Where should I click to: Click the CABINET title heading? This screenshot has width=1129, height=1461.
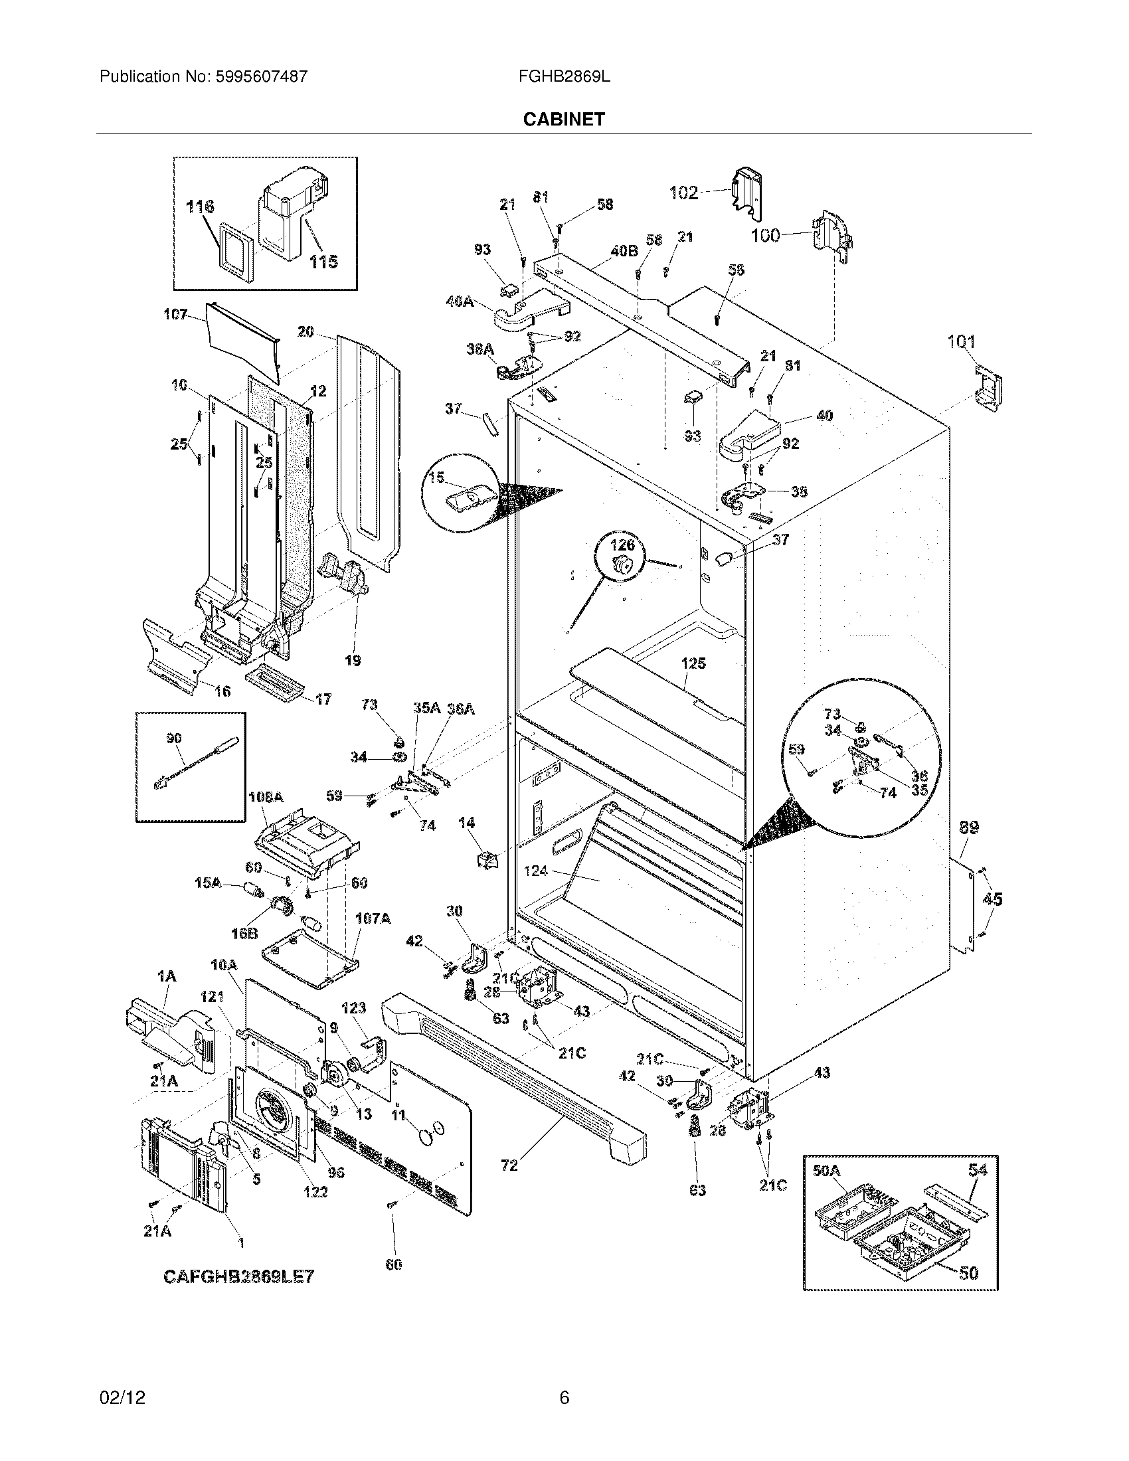[564, 119]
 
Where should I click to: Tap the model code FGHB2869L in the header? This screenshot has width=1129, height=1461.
[564, 76]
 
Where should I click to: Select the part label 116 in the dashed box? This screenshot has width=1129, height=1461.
[200, 207]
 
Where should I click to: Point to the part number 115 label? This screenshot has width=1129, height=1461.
[323, 262]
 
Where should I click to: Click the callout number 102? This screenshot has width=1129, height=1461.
[683, 193]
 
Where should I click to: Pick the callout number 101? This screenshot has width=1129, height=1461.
[961, 342]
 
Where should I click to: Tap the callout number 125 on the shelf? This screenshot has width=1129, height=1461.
[693, 663]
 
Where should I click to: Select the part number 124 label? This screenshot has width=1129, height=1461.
[536, 871]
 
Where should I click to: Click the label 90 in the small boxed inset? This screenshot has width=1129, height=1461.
[174, 738]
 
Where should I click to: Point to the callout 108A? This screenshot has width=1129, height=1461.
[266, 798]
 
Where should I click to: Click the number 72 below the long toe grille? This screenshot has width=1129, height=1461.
[509, 1165]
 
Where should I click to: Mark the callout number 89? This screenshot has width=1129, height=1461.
[969, 827]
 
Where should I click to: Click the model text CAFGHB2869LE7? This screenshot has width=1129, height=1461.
[239, 1276]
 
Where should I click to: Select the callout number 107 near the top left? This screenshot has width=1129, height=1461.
[175, 313]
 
